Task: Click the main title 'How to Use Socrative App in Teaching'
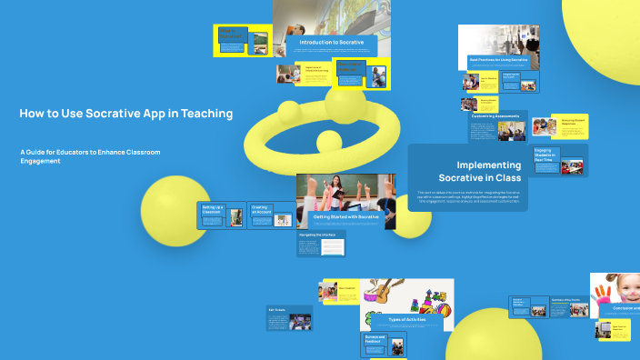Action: (125, 114)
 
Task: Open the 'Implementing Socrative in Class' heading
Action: (488, 171)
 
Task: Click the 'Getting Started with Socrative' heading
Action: (345, 217)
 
